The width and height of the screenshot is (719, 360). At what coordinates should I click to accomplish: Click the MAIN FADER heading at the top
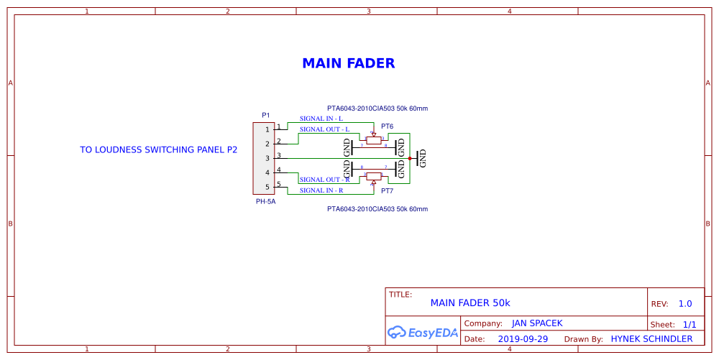click(348, 63)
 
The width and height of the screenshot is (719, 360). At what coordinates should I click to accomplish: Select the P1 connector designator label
click(265, 115)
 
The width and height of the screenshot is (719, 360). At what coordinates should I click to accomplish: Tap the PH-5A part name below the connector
click(265, 202)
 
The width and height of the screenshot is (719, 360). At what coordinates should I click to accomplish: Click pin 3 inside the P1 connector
click(267, 158)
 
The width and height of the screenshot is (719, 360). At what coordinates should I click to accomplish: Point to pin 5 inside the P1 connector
click(267, 187)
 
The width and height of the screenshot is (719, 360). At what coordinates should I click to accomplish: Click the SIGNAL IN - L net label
click(321, 119)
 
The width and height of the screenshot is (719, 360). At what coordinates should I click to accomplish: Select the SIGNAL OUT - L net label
click(324, 129)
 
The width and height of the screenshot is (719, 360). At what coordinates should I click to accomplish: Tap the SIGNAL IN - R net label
click(321, 190)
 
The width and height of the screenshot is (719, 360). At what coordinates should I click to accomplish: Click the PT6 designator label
click(387, 126)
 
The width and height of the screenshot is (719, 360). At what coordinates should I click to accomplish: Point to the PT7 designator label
click(387, 191)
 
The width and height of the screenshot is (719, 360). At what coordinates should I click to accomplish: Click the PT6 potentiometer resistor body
click(373, 141)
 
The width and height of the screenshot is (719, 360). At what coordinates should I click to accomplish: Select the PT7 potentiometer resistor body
click(373, 175)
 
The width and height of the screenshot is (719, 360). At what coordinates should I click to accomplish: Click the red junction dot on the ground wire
click(410, 158)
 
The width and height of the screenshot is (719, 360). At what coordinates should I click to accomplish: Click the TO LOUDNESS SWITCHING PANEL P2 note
click(158, 150)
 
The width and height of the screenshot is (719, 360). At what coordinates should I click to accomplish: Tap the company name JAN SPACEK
click(537, 323)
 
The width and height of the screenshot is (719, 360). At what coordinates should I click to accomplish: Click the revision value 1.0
click(685, 304)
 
